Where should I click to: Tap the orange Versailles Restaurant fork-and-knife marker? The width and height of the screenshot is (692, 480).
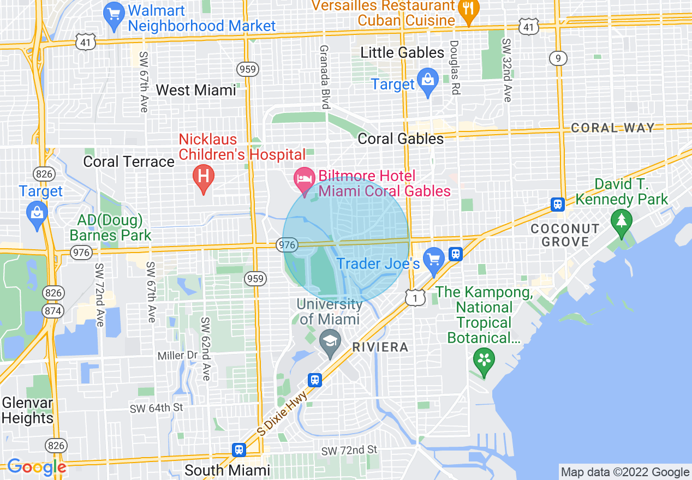pos(468,10)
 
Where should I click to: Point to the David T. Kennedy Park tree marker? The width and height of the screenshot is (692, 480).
pos(621,221)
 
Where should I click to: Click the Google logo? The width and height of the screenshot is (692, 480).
pos(37,467)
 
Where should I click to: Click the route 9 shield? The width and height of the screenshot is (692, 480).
pos(558,58)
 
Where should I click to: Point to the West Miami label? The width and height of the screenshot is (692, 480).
pos(196,90)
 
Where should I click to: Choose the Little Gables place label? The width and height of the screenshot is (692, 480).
pos(403,53)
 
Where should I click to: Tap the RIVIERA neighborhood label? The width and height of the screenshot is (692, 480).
pos(380,347)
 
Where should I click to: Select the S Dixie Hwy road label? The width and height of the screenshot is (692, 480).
pos(283,413)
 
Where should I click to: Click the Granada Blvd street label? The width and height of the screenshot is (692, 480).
pos(325,76)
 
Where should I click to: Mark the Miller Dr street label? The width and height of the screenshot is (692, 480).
pos(177,356)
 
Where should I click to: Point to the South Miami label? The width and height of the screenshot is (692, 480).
pos(227,470)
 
